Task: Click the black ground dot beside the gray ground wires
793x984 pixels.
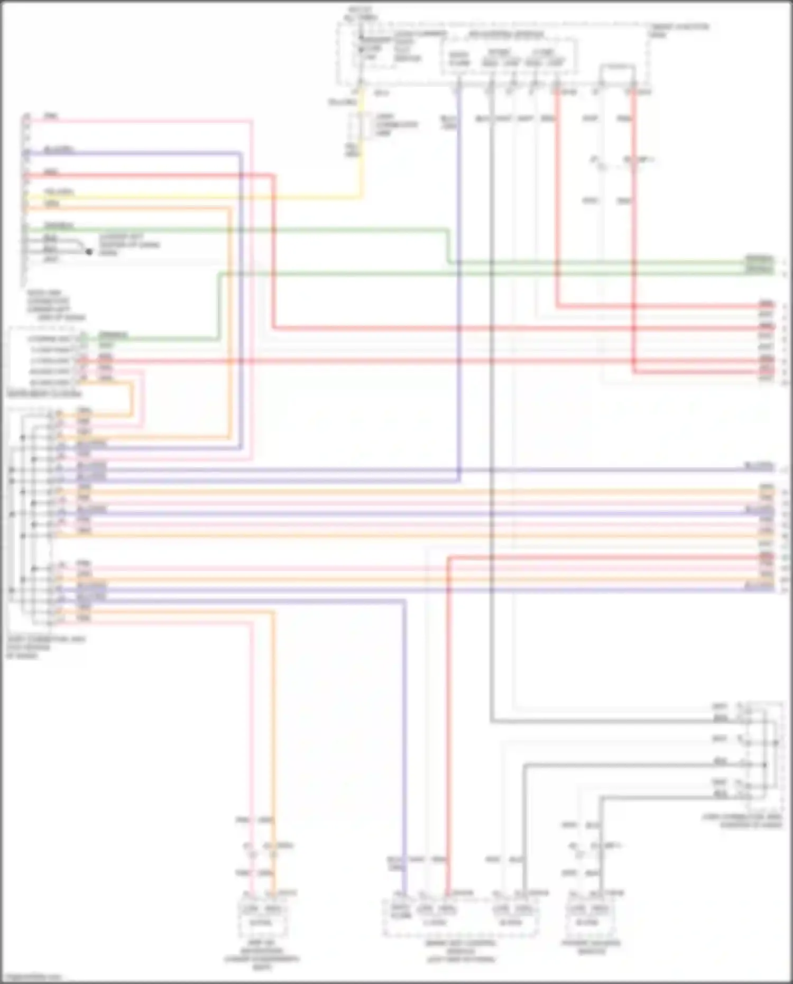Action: (x=89, y=252)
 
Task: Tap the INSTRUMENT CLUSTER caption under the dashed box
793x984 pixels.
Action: (x=44, y=394)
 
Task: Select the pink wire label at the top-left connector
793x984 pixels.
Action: (x=51, y=115)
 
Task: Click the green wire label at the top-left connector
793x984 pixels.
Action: (x=59, y=225)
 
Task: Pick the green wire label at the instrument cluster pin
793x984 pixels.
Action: (x=113, y=335)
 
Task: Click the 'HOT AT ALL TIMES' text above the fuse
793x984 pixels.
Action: (x=360, y=13)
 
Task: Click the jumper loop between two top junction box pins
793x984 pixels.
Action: (x=616, y=68)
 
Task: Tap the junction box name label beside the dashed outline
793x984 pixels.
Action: (x=679, y=30)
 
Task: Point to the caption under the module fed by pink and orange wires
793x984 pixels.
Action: (x=261, y=958)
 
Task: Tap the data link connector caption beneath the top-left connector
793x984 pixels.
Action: (x=56, y=305)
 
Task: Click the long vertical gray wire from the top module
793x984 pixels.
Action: (x=491, y=423)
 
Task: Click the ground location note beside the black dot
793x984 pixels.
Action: (x=129, y=245)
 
